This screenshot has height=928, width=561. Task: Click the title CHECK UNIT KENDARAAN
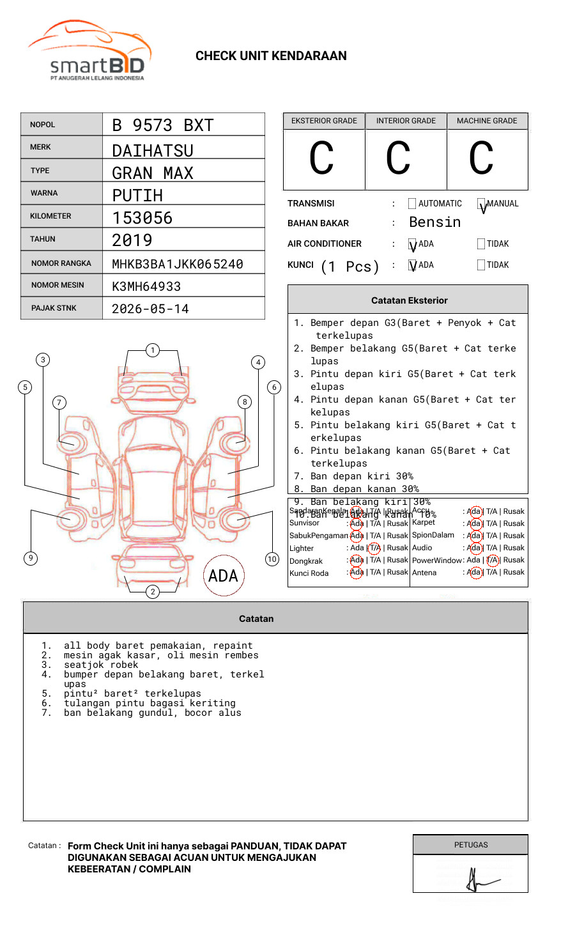coord(271,56)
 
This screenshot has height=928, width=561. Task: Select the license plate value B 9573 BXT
coord(162,125)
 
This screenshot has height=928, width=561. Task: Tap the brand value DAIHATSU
coord(152,151)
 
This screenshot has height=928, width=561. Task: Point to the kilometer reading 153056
coord(142,218)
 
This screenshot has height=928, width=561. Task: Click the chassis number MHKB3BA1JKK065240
coord(177,264)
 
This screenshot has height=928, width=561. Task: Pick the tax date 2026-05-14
coord(150,309)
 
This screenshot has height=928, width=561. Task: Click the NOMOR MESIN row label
coord(58,285)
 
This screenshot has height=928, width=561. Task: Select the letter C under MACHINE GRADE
coord(481,159)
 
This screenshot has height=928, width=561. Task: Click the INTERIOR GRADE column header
coord(406,121)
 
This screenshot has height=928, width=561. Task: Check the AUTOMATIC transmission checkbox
coord(412,204)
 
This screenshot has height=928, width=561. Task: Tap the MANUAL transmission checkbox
coord(481,204)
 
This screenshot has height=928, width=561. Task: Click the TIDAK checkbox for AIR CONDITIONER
coord(481,244)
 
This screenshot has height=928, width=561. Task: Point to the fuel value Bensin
coord(434,222)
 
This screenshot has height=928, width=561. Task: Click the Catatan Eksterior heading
coord(409,300)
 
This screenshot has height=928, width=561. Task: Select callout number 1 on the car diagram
coord(152,350)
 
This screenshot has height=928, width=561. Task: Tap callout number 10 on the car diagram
coord(272,559)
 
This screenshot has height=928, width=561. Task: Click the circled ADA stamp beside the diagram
coord(223,576)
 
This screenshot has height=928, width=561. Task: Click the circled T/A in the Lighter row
coord(374,548)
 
